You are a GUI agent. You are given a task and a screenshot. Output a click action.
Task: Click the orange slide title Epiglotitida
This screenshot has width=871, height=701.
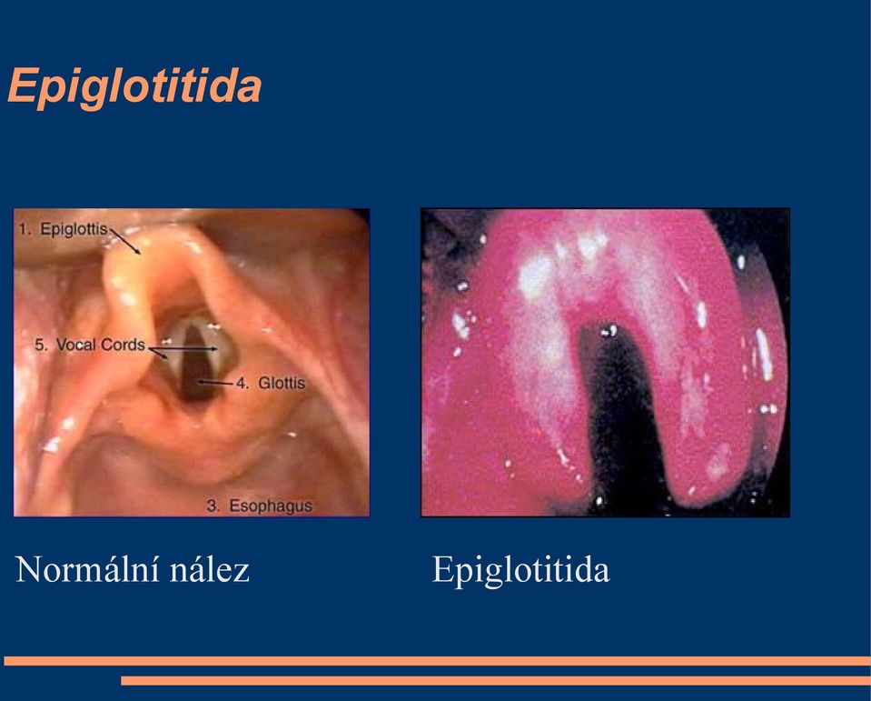[x=134, y=86]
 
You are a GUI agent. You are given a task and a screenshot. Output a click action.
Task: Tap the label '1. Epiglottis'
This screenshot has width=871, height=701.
[x=63, y=229]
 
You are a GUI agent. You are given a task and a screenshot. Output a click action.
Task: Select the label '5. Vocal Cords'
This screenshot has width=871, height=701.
[x=89, y=345]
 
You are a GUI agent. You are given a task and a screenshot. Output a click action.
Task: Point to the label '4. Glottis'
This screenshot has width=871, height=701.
[x=271, y=383]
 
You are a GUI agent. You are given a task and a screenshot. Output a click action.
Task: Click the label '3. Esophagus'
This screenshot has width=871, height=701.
[x=260, y=506]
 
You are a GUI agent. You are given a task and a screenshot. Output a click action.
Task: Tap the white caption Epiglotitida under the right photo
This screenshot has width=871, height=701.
[x=520, y=570]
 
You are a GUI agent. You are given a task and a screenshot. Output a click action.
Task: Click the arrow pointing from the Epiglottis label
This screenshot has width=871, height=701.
[x=124, y=242]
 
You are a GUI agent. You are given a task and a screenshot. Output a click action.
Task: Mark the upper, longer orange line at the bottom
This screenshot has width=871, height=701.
[x=437, y=661]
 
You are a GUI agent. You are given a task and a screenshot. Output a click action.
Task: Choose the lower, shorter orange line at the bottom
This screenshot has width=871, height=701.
[x=496, y=680]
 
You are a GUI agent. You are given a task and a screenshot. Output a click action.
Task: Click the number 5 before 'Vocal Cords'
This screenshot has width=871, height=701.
[x=40, y=345]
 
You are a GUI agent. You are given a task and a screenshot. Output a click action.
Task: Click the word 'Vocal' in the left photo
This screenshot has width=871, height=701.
[x=76, y=345]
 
